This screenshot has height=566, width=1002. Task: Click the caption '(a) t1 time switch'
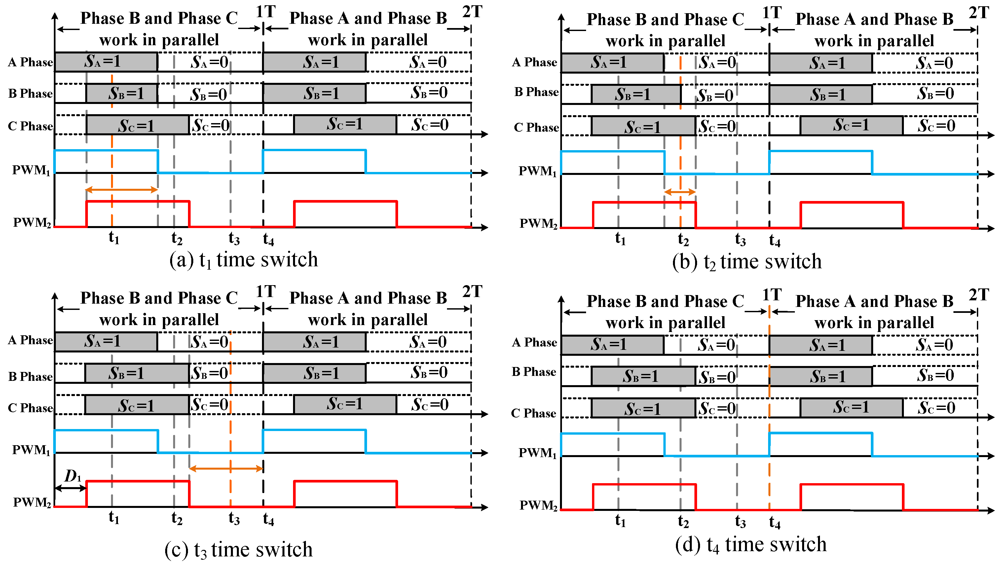coord(243,260)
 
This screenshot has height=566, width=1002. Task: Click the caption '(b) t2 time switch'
coord(747,262)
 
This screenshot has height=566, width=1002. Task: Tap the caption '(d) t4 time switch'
coord(751,544)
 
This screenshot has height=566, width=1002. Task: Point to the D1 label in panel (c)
coord(73,476)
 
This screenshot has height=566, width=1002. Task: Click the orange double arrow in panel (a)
coord(121,190)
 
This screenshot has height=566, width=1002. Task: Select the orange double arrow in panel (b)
coord(680,192)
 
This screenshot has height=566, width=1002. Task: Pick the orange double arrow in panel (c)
coord(226,469)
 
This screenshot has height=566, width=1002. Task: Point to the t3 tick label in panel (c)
coord(234,518)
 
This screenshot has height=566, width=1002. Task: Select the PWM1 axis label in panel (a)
coord(31,170)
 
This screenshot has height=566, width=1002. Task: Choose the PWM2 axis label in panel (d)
coord(538,505)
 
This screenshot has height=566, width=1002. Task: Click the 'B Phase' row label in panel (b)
coord(536,92)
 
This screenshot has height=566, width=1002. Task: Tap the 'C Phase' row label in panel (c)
coord(30,408)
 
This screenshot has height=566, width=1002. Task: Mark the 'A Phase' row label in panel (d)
coord(534,343)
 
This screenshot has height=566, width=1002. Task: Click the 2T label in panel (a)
coord(472,12)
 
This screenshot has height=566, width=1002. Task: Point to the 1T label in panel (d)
coord(772,295)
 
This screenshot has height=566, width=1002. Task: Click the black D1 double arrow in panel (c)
coord(70,488)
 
